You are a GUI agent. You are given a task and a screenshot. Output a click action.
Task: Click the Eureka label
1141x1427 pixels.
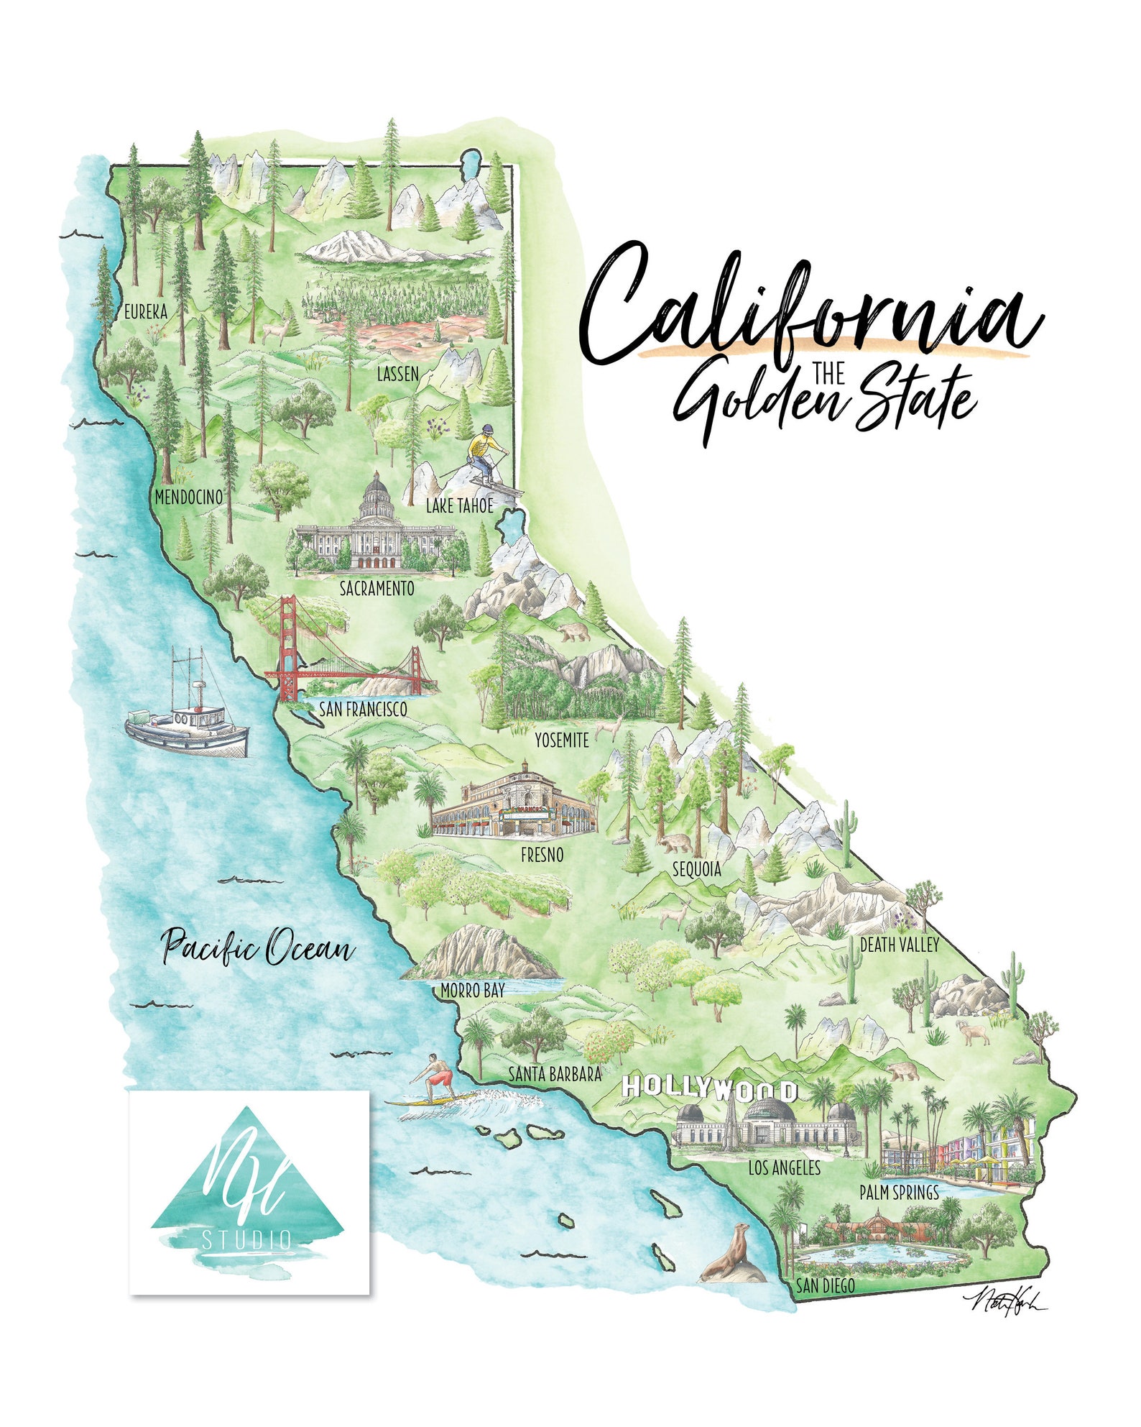[x=146, y=311]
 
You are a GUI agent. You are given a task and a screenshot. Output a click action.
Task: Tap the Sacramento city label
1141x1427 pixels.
[x=377, y=588]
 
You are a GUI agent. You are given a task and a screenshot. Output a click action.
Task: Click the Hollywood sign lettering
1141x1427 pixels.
[x=710, y=1088]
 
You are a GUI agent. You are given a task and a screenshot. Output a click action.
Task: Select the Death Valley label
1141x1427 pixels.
[x=900, y=944]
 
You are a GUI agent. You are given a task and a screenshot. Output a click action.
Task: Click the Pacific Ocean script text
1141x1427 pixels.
[x=257, y=947]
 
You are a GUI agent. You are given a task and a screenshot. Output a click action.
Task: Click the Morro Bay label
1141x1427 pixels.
[x=472, y=991]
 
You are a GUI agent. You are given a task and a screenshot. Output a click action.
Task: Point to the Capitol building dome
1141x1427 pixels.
[x=377, y=495]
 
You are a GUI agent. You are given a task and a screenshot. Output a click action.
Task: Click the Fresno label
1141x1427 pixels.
[x=542, y=855]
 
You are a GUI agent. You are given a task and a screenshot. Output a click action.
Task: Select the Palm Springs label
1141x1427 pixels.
[x=899, y=1193]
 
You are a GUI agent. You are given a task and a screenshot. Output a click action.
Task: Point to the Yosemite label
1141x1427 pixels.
[x=561, y=740]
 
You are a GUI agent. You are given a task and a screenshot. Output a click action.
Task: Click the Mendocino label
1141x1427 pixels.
[x=189, y=497]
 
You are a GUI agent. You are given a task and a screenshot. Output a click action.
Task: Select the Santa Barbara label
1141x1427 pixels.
[x=555, y=1074]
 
